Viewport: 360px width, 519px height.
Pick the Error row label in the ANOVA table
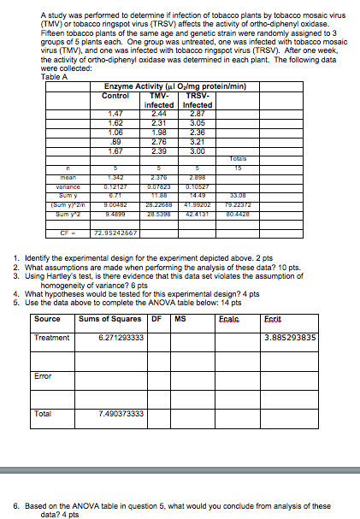point(44,375)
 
